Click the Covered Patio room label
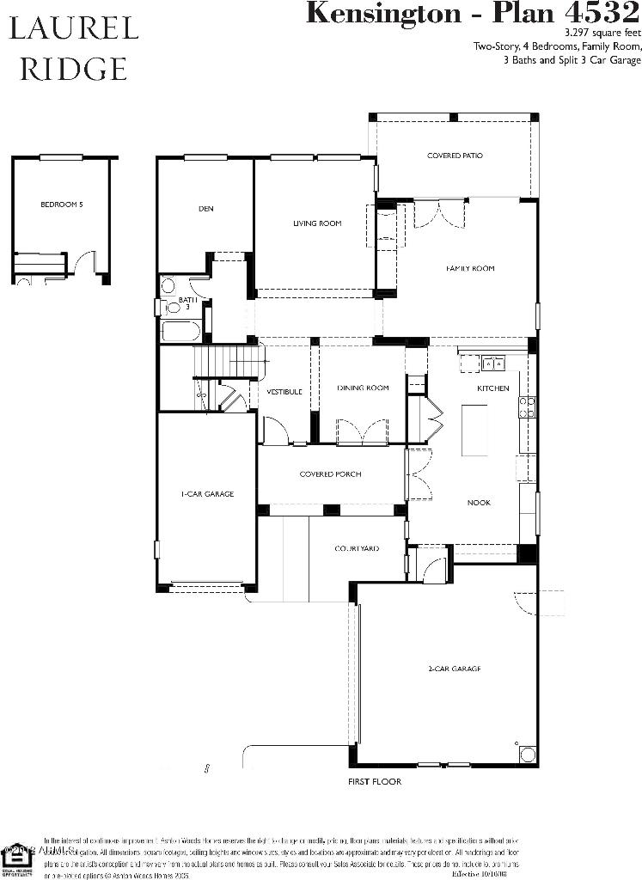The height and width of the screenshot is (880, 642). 455,156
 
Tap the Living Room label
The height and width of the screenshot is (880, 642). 317,223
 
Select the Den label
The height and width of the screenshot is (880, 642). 205,209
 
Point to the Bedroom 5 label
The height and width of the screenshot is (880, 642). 61,205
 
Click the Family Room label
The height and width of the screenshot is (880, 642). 470,269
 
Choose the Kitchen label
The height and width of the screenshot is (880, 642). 493,388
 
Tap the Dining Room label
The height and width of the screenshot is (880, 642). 363,388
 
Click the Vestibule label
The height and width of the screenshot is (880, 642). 284,392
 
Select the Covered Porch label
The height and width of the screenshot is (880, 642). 330,474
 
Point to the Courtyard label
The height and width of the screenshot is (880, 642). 357,548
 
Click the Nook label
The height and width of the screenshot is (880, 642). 479,503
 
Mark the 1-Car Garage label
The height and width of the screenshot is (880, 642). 207,494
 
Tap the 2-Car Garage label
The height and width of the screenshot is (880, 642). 454,669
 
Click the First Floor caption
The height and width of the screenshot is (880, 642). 374,782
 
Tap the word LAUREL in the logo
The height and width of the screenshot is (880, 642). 73,29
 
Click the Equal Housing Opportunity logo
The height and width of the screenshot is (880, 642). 15,854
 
